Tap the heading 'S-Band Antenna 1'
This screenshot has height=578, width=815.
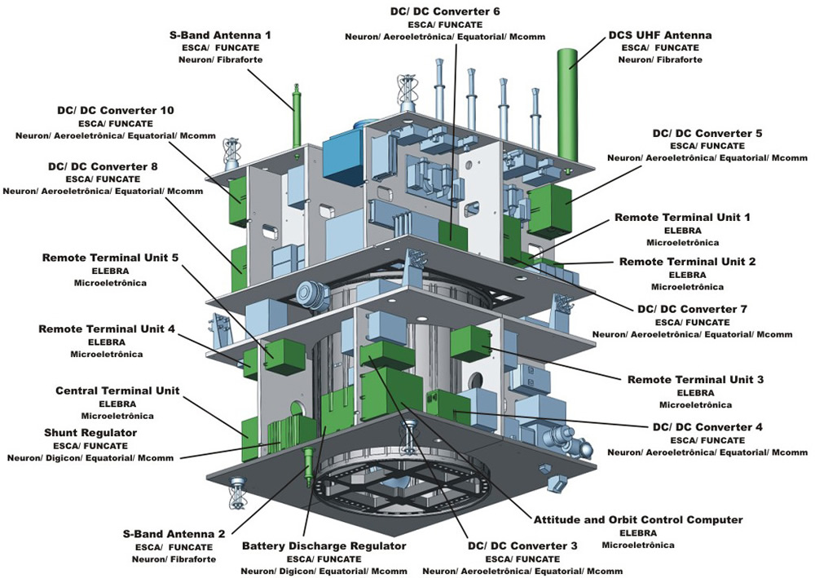tap(220, 35)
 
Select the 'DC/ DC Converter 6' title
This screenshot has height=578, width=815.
tap(445, 11)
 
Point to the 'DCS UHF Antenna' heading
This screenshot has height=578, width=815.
tap(660, 35)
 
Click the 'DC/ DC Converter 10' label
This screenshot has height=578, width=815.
tap(116, 111)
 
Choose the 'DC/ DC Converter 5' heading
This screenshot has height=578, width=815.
tap(707, 134)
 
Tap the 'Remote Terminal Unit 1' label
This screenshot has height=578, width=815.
tap(682, 218)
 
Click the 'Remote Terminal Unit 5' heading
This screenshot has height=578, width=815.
tap(110, 258)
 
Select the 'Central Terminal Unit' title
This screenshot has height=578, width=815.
tap(117, 390)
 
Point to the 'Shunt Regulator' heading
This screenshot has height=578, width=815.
tap(90, 433)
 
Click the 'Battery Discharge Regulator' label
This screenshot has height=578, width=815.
tap(324, 546)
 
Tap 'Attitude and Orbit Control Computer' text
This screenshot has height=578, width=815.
tap(638, 520)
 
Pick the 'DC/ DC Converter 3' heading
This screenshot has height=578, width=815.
tap(522, 546)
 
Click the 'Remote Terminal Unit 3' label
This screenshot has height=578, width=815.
tap(695, 380)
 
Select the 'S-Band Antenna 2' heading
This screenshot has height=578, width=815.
tap(174, 534)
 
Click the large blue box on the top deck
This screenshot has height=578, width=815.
tap(343, 151)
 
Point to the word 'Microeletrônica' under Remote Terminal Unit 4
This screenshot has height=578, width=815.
tap(107, 355)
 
